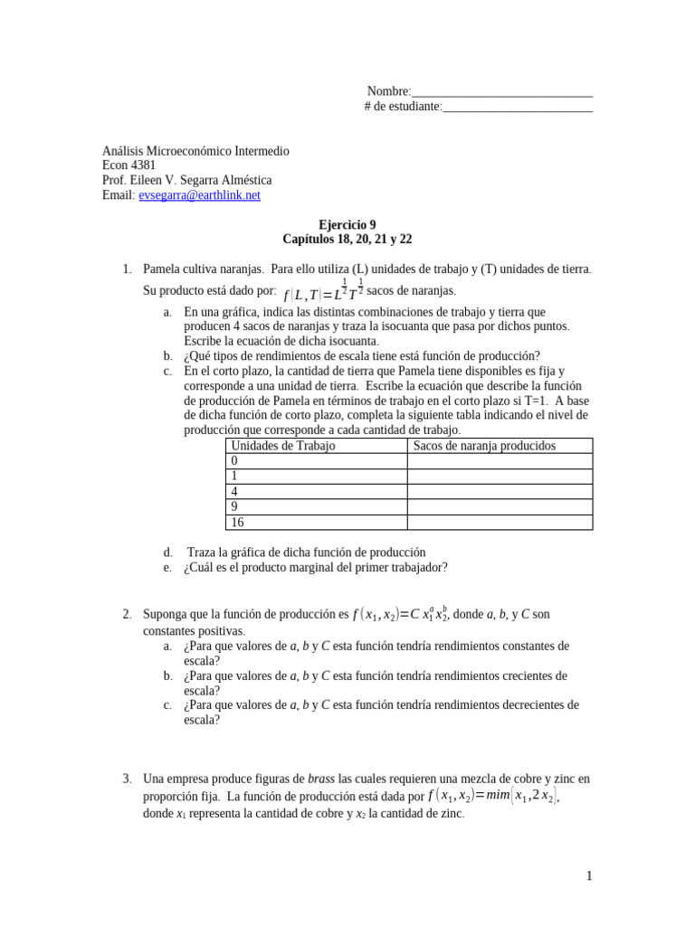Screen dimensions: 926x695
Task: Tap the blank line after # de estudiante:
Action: coord(517,107)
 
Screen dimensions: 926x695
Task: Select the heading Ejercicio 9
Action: coord(347,225)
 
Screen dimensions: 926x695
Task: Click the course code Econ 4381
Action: coord(129,165)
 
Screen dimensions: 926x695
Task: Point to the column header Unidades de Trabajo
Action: coord(283,446)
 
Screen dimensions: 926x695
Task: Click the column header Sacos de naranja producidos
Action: coord(484,446)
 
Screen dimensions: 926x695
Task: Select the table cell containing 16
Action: coord(316,522)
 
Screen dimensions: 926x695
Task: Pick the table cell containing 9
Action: coord(316,506)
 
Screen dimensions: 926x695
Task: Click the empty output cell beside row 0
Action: coord(500,461)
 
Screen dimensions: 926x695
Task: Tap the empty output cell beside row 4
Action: coord(500,491)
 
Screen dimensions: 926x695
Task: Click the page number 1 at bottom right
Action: coord(588,875)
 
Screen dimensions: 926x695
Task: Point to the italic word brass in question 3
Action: coord(321,779)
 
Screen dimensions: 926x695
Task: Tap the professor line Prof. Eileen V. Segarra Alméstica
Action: coord(186,180)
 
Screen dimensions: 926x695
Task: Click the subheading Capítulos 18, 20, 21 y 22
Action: coord(347,240)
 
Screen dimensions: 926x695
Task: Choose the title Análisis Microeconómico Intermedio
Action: coord(195,151)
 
